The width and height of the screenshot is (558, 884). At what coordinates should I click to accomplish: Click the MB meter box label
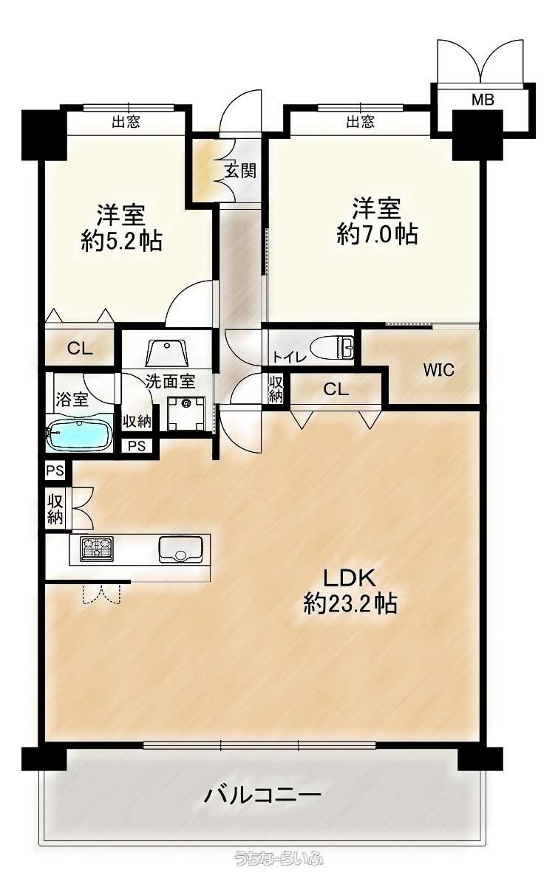[483, 100]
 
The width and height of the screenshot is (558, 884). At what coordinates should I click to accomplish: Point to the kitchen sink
[180, 549]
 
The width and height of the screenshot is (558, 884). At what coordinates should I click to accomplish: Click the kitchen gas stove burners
[97, 549]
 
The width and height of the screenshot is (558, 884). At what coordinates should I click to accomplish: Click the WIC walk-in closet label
[438, 371]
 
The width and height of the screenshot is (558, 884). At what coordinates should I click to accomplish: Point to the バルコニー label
[262, 795]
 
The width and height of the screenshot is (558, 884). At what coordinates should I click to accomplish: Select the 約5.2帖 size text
[121, 241]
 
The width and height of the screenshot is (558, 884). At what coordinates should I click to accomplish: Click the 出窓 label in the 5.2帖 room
[126, 122]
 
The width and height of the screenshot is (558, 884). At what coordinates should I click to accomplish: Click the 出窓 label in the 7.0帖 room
[360, 121]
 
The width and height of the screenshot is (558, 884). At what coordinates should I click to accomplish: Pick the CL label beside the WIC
[336, 389]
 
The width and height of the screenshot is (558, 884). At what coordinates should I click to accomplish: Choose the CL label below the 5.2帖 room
[80, 349]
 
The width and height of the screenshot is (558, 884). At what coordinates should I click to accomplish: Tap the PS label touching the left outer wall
[55, 470]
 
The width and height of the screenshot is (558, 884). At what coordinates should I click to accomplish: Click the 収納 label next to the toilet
[276, 389]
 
